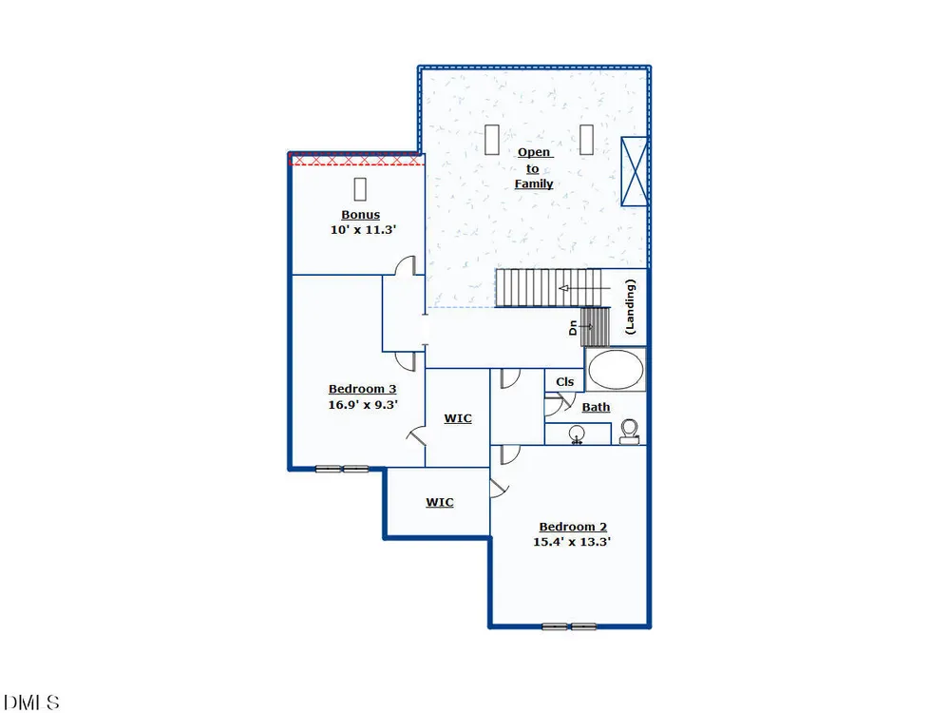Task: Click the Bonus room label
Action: pyautogui.click(x=360, y=215)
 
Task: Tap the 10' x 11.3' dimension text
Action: pyautogui.click(x=363, y=230)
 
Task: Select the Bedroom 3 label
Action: pyautogui.click(x=362, y=389)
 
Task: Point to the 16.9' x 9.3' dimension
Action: pyautogui.click(x=362, y=404)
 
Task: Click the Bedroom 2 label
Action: pyautogui.click(x=573, y=527)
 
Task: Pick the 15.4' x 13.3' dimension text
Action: pyautogui.click(x=571, y=542)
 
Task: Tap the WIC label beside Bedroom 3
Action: pyautogui.click(x=458, y=418)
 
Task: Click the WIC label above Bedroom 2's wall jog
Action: pyautogui.click(x=439, y=502)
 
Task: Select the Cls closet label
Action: pyautogui.click(x=564, y=382)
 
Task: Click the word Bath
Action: pyautogui.click(x=596, y=408)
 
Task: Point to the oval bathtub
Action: pyautogui.click(x=616, y=369)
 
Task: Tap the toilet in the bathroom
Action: pyautogui.click(x=630, y=432)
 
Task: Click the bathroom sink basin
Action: pyautogui.click(x=577, y=434)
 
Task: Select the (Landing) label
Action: pyautogui.click(x=630, y=307)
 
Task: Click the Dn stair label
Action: pyautogui.click(x=573, y=328)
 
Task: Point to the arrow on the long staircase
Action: pyautogui.click(x=584, y=288)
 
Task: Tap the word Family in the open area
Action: pyautogui.click(x=534, y=183)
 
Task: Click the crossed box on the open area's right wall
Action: pyautogui.click(x=635, y=171)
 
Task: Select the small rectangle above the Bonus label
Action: pyautogui.click(x=360, y=189)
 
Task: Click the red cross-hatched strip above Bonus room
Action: pyautogui.click(x=355, y=160)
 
